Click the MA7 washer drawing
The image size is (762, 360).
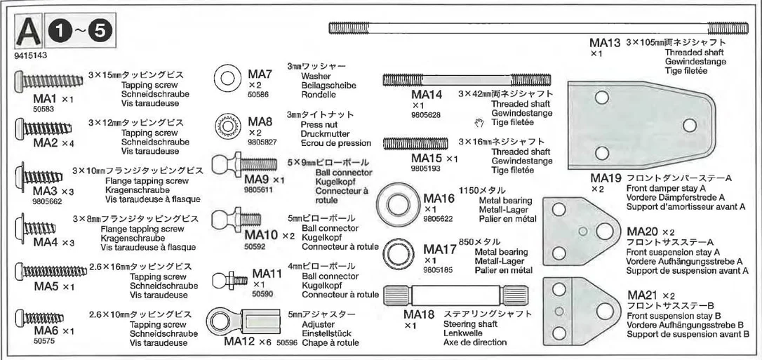click(x=227, y=77)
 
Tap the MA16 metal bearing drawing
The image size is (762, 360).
click(x=398, y=204)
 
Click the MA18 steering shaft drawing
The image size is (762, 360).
click(x=455, y=295)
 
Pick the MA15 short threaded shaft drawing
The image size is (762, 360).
click(x=416, y=143)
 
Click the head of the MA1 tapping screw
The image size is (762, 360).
click(x=18, y=81)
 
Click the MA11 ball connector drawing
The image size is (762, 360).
click(x=230, y=280)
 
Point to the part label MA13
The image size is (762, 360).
click(x=605, y=43)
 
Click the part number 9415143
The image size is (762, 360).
click(x=31, y=55)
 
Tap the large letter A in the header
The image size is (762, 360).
click(x=28, y=33)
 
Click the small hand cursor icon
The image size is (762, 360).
click(x=479, y=122)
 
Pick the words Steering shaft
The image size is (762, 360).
click(x=468, y=324)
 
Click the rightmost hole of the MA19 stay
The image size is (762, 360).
click(x=690, y=126)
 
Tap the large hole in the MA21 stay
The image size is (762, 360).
click(x=605, y=312)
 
